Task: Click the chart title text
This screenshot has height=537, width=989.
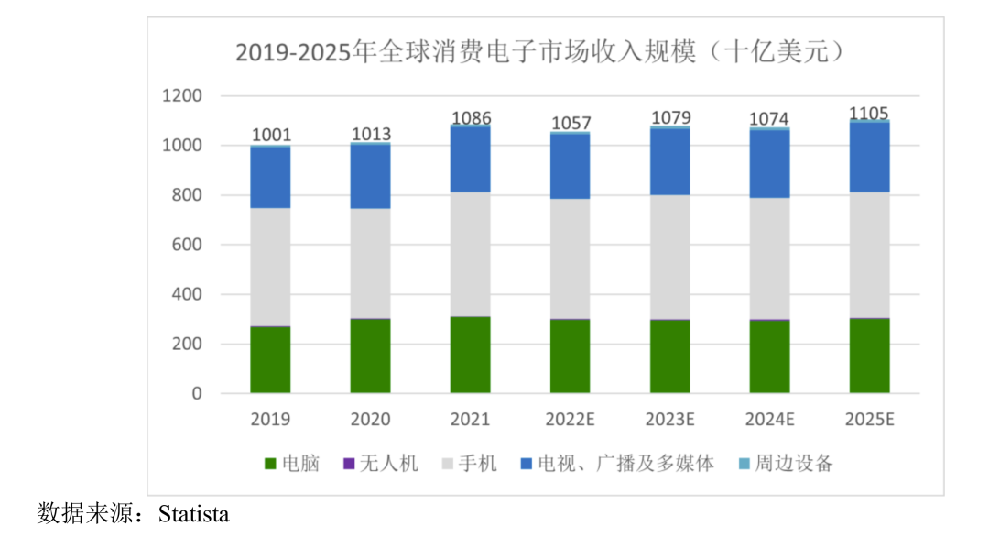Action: point(539,51)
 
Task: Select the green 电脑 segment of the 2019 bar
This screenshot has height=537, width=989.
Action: point(270,359)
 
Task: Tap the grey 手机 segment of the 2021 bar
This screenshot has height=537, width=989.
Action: point(470,254)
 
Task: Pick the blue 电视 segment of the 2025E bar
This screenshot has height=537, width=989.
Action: point(869,157)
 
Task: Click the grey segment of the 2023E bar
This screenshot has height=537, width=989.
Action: point(670,257)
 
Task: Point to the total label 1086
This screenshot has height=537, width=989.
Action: point(471,118)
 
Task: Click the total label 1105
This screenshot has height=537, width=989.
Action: point(869,113)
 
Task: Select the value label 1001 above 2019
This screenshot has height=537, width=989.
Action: point(271,136)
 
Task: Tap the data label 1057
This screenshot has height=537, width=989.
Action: point(571,123)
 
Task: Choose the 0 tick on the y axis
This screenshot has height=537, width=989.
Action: point(197,394)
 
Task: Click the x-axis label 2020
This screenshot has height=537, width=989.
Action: point(370,420)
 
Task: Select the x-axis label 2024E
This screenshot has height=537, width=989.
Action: point(769,420)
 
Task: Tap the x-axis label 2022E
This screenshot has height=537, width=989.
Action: point(570,420)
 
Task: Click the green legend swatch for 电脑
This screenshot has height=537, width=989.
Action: point(269,465)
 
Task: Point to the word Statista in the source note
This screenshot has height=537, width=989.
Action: point(193,513)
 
